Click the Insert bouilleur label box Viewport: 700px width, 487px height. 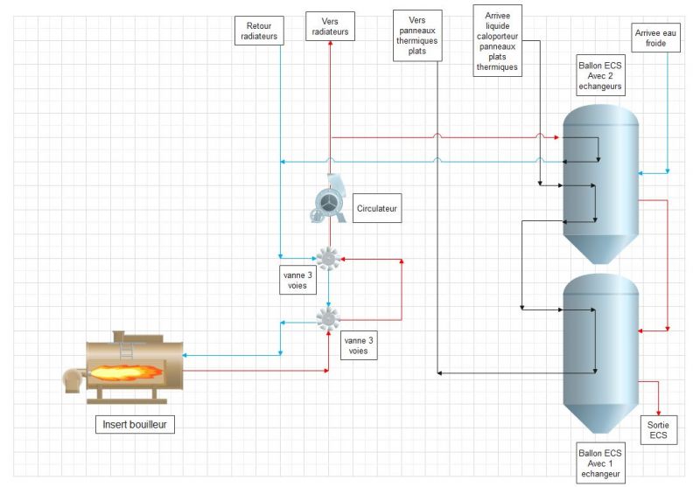pos(135,424)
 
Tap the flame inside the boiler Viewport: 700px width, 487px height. pos(126,372)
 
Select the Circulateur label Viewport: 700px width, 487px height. pos(377,208)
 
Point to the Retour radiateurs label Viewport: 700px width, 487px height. pos(259,31)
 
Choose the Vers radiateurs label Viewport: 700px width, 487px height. pos(330,26)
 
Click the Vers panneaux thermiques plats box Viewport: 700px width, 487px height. pos(417,36)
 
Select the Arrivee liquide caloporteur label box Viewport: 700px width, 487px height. pos(497,41)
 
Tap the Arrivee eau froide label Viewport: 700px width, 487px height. pos(655,38)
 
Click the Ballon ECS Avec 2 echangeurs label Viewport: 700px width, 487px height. pos(600,75)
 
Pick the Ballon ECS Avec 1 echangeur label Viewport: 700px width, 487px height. pos(600,463)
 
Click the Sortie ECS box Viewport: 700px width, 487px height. pos(659,430)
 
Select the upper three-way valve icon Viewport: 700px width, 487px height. pos(328,258)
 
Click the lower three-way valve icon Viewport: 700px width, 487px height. pos(328,318)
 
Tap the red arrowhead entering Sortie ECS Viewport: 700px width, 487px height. pos(659,413)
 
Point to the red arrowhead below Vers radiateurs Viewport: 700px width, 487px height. pos(331,43)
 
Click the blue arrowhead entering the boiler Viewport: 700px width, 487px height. pos(185,356)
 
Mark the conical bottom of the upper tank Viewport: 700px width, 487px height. pos(601,249)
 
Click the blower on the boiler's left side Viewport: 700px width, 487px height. pos(73,381)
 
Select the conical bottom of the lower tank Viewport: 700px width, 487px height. pos(601,418)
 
